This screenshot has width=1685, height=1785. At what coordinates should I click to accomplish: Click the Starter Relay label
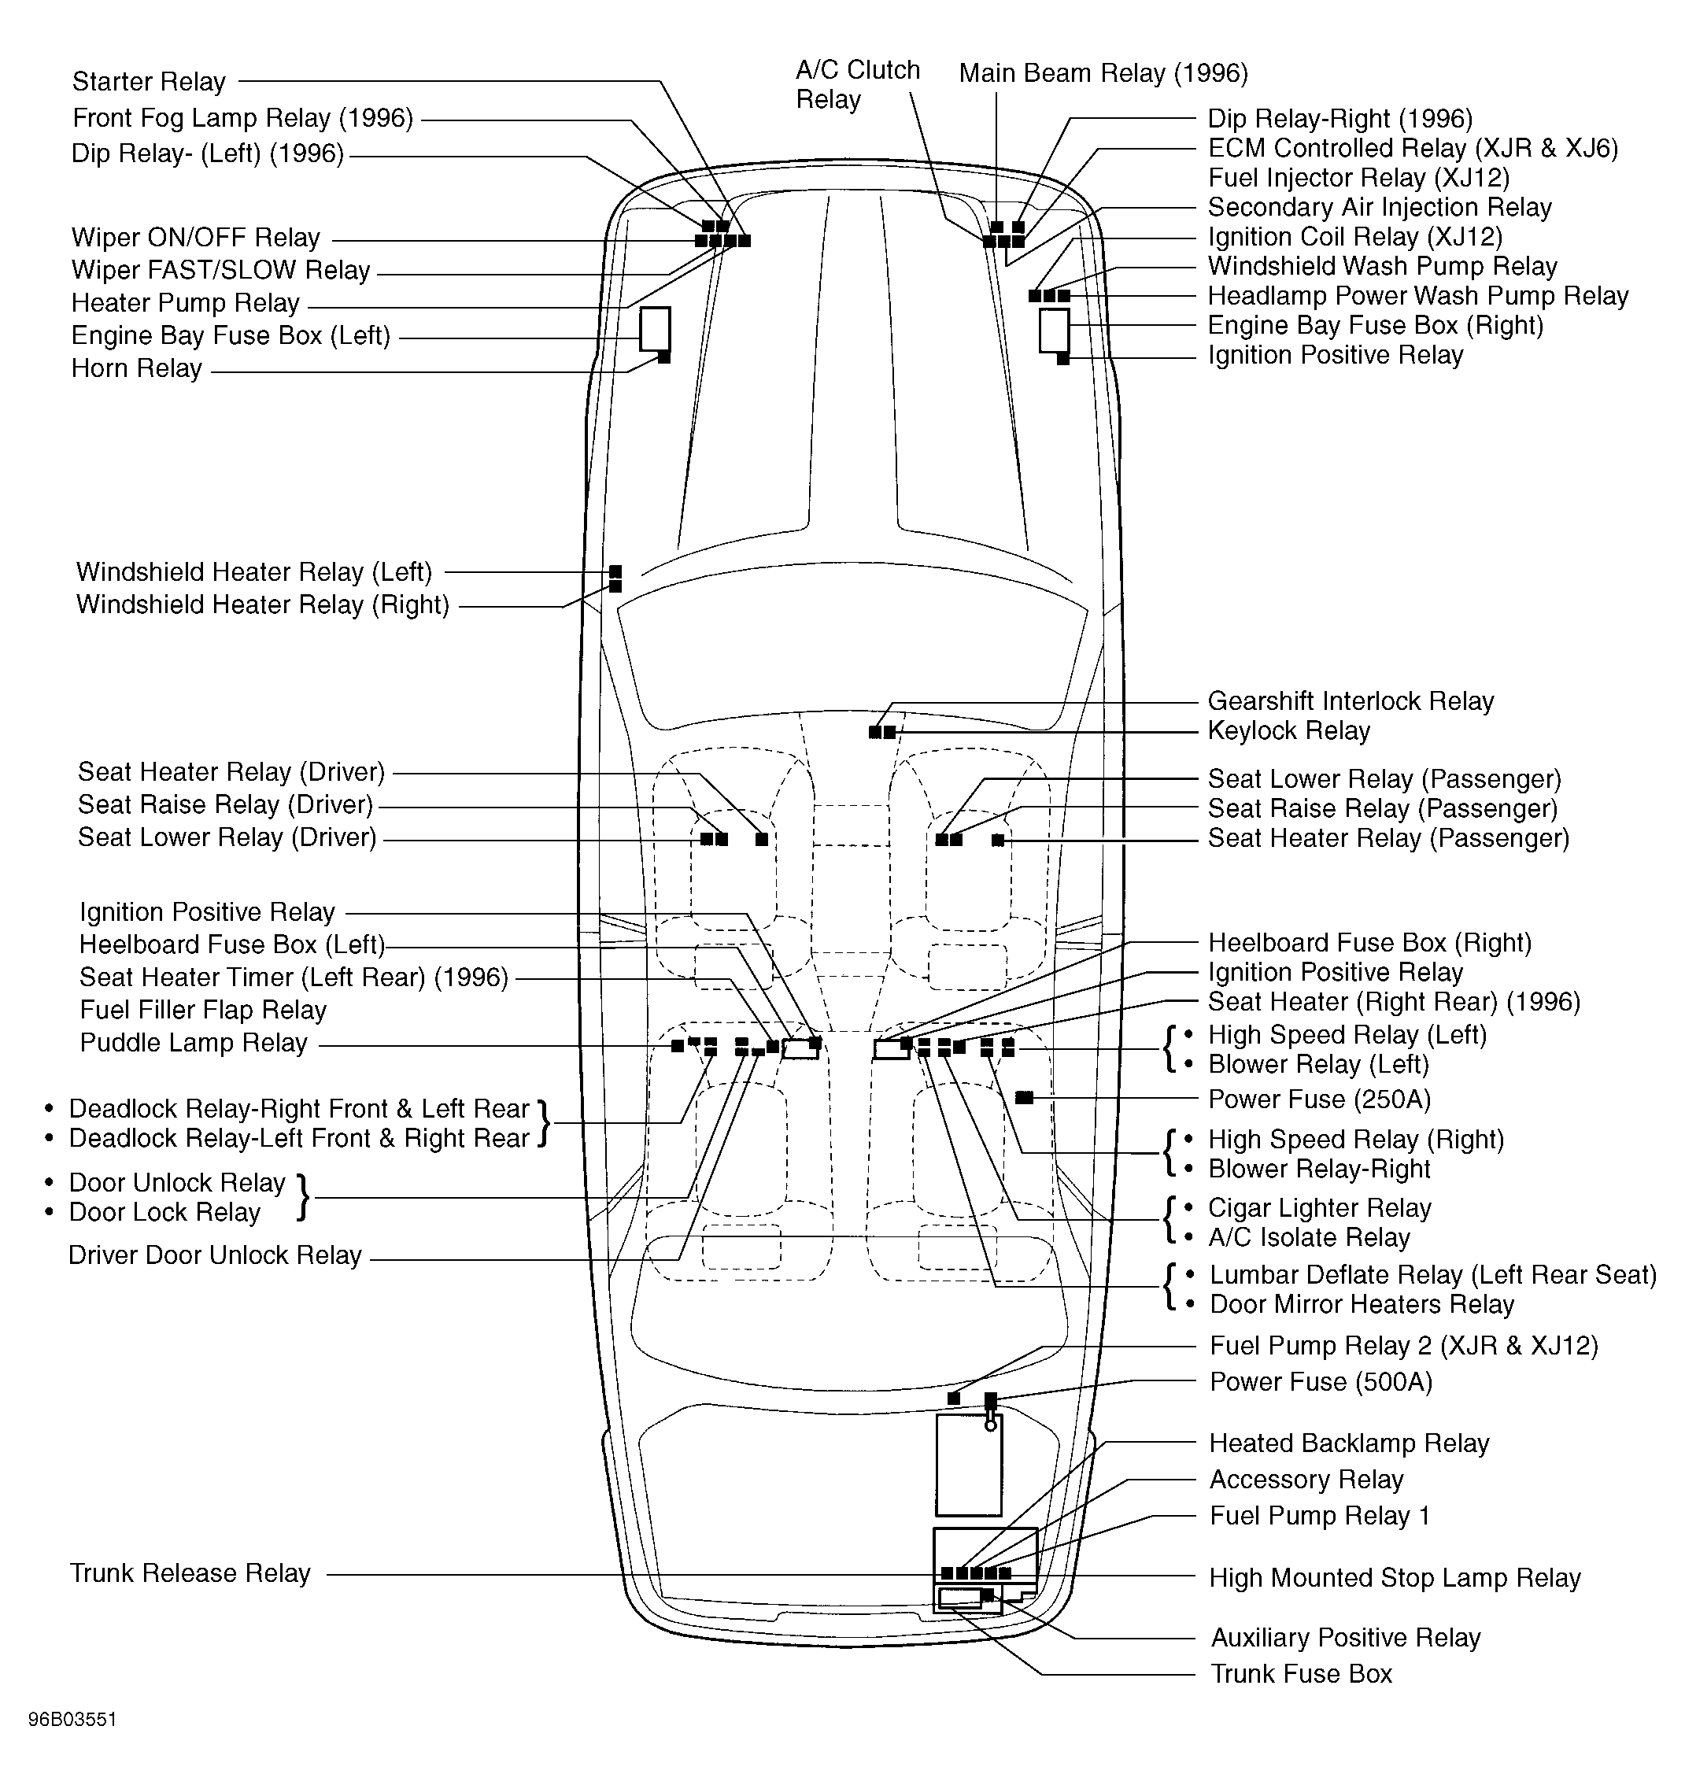[x=148, y=82]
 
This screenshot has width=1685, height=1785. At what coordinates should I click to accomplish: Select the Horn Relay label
[x=136, y=368]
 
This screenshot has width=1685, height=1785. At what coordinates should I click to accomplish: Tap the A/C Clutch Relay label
[x=857, y=84]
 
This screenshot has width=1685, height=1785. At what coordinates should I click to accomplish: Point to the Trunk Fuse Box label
[x=1301, y=1673]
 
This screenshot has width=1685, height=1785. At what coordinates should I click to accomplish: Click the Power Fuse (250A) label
[x=1318, y=1099]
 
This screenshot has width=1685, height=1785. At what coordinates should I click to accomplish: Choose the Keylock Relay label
[x=1288, y=730]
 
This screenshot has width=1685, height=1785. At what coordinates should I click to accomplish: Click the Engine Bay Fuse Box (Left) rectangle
[x=655, y=329]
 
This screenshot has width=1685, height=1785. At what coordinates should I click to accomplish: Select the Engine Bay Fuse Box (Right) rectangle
[x=1054, y=330]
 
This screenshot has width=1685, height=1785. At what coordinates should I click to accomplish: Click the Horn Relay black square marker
[x=663, y=357]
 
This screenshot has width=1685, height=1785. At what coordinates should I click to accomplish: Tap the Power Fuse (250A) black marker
[x=1024, y=1098]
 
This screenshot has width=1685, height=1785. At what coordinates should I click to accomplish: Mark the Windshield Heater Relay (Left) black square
[x=615, y=571]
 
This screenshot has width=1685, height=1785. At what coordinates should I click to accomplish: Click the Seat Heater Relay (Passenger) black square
[x=998, y=840]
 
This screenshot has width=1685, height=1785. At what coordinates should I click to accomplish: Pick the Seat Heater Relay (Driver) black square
[x=762, y=839]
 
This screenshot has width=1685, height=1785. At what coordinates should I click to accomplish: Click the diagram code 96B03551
[x=72, y=1720]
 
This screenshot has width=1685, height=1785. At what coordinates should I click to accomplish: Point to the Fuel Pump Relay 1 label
[x=1318, y=1516]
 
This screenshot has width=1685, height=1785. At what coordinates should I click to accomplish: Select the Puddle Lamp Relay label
[x=193, y=1043]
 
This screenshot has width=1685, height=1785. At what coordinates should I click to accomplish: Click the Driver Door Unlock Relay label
[x=215, y=1255]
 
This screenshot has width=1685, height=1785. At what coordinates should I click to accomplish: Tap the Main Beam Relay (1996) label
[x=1103, y=72]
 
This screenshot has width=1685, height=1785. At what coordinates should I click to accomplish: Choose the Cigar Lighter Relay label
[x=1318, y=1207]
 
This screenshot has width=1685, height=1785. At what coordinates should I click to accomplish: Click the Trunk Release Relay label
[x=190, y=1573]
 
